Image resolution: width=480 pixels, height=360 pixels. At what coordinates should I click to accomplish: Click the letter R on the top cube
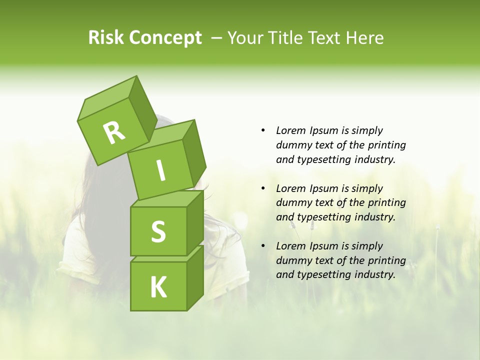coord(114,132)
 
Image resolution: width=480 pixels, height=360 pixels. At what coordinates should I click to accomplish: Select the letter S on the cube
coord(158,231)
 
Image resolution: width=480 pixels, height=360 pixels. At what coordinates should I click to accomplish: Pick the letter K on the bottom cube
coord(158,287)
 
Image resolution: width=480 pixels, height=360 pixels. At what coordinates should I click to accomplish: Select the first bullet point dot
coord(263,130)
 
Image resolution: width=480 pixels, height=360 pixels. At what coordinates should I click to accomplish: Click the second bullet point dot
coord(263,188)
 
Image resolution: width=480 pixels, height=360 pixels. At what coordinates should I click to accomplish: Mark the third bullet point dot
coord(263,246)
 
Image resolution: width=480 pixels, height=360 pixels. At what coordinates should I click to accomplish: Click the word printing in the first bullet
coord(386,145)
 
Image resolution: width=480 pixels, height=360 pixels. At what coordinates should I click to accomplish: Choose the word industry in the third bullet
coord(375,274)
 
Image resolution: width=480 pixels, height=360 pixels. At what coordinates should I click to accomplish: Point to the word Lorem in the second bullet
coord(290,188)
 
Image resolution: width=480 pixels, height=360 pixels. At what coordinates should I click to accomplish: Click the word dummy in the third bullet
coord(293,260)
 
